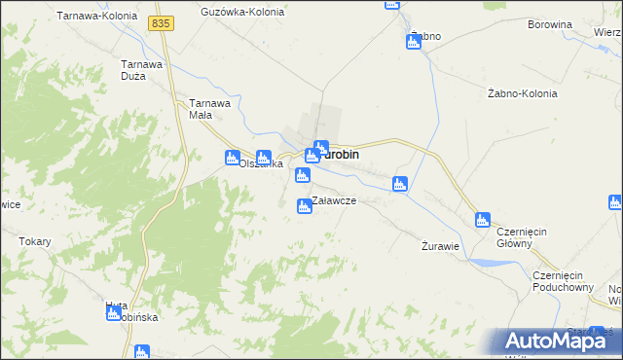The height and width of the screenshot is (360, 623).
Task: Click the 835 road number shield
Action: [x=162, y=22]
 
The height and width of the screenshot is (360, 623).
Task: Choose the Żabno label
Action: [x=425, y=36]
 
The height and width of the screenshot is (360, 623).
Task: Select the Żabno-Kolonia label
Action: [x=522, y=94]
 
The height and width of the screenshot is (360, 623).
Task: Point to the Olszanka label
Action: [x=261, y=165]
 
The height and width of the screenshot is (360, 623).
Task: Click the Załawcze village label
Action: [x=334, y=200]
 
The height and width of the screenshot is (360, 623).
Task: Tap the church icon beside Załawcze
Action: [x=305, y=204]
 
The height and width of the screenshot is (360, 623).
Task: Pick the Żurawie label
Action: [x=440, y=245]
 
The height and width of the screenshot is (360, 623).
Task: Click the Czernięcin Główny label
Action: [x=527, y=237]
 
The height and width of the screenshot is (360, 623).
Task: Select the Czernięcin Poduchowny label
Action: [x=564, y=281]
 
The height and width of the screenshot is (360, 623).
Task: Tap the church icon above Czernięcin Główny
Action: [x=483, y=220]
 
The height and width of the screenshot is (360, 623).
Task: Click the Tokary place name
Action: [x=35, y=241]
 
